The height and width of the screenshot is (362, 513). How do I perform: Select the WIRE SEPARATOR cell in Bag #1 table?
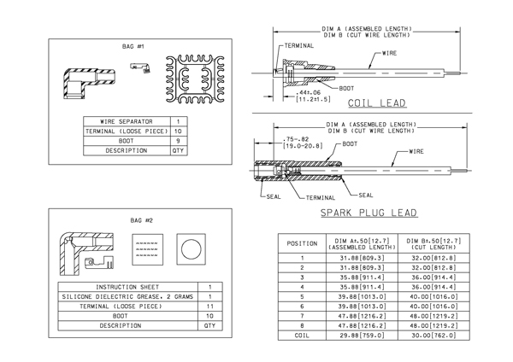(127, 121)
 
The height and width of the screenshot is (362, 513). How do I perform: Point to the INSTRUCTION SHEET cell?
(131, 287)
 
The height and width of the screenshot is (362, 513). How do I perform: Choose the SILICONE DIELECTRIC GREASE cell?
(131, 296)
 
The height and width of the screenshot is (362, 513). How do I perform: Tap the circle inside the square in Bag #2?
(190, 249)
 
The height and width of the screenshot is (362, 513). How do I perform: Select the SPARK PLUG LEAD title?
(369, 213)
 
